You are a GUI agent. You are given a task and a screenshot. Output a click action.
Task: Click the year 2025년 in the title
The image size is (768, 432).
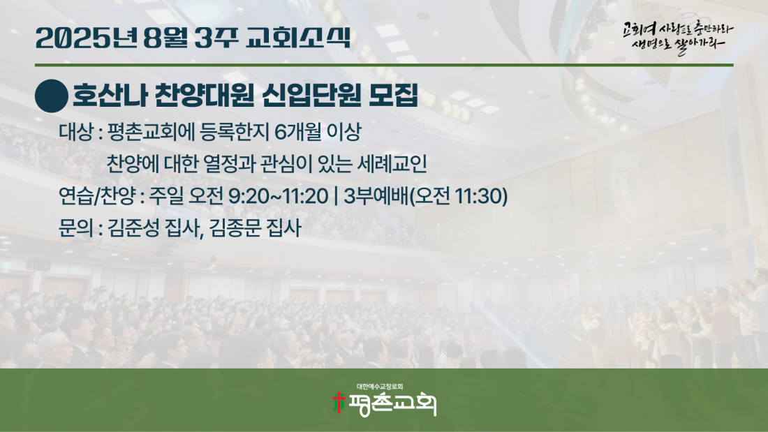[86, 38]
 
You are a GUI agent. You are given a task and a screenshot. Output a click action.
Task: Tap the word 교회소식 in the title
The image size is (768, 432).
[298, 38]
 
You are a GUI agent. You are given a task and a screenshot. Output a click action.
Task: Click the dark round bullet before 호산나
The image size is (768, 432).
[52, 96]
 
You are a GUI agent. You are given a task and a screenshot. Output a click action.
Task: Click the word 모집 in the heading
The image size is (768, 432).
[393, 96]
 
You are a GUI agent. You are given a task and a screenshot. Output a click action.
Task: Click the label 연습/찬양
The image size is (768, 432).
[97, 196]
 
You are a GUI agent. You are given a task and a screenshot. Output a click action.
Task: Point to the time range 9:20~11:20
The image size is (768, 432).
[278, 196]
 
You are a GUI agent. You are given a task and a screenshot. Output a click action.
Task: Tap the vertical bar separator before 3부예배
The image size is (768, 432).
[336, 196]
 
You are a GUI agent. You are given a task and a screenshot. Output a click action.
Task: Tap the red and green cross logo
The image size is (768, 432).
[338, 402]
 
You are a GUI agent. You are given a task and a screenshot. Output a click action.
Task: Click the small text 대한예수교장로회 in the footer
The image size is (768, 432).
[380, 387]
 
